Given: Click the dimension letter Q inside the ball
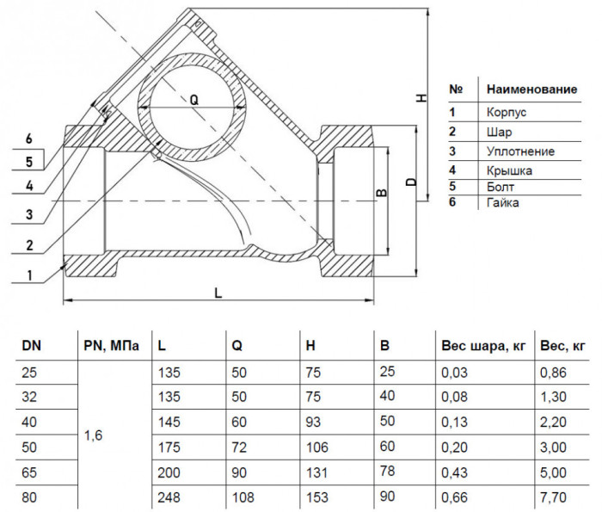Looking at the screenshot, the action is (x=194, y=101).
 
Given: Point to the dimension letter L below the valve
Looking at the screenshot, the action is (x=218, y=293).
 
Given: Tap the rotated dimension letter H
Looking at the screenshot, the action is (x=421, y=98).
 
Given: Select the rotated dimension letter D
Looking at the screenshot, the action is (x=411, y=182).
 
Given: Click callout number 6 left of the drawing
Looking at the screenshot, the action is (x=28, y=139).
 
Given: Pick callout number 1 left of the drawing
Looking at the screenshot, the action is (x=29, y=275).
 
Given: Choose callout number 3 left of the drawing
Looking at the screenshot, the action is (x=29, y=214).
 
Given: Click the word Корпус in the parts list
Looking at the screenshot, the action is (x=507, y=113).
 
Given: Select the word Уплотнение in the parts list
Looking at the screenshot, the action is (x=520, y=151).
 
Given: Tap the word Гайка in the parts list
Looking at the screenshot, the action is (x=503, y=202).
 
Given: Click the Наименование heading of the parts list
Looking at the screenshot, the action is (x=532, y=89).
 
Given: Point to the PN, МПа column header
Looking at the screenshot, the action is (x=111, y=346).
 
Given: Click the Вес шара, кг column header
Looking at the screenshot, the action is (x=483, y=346).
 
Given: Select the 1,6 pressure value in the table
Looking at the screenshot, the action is (x=93, y=435).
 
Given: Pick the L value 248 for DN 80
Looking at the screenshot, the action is (x=169, y=497).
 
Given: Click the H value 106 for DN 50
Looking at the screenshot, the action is (x=317, y=447).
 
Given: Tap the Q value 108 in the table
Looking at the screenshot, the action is (x=243, y=497).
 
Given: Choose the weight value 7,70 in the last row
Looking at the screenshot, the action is (x=553, y=497).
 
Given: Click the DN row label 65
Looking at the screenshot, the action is (x=29, y=472).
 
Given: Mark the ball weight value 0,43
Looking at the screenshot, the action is (x=455, y=472).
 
